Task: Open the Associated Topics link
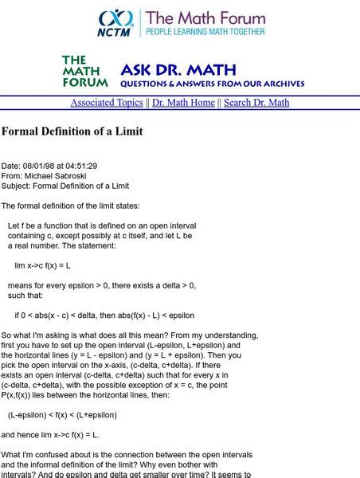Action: coord(106,103)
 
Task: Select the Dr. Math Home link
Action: coord(183,103)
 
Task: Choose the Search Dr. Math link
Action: coord(256,103)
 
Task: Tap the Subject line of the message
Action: coord(65,186)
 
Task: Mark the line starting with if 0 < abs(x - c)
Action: coord(104,315)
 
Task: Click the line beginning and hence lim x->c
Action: coord(50,435)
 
